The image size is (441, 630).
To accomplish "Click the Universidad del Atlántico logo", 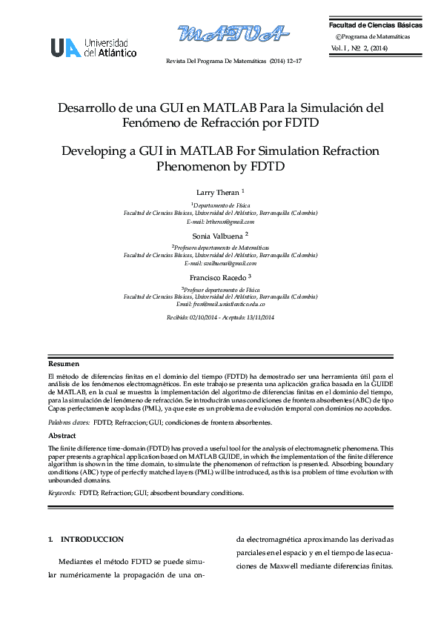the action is point(93,47).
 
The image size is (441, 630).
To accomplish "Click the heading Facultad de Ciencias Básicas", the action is point(377,25).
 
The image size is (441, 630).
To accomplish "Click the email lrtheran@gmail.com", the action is point(221,222).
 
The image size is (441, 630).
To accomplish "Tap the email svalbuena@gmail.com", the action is point(221,263).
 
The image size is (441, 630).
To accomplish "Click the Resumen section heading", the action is point(64,364).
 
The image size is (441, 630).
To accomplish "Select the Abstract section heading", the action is point(62,436).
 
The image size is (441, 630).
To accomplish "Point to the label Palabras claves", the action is point(70,422).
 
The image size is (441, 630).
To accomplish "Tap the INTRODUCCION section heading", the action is point(91,539).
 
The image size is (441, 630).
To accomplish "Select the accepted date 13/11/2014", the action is point(259,317).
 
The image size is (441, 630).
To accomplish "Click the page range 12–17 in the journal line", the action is point(294,60).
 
